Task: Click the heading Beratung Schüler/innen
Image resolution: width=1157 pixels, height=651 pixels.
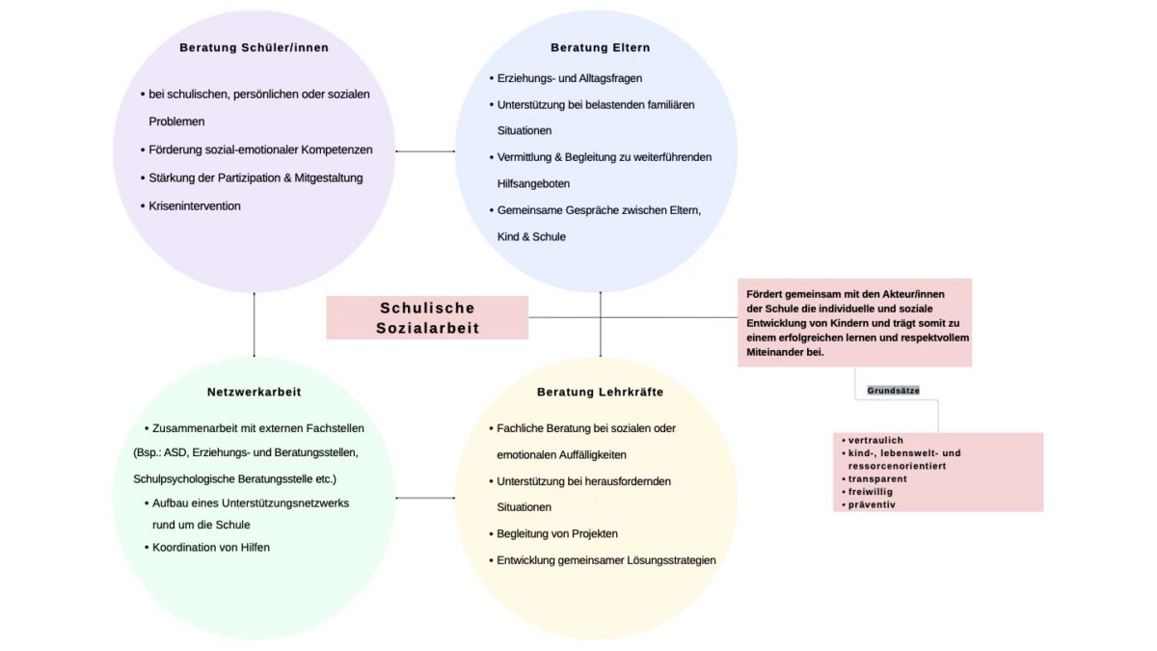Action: pyautogui.click(x=253, y=47)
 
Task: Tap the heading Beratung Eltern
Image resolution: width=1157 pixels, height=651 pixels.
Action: pyautogui.click(x=600, y=47)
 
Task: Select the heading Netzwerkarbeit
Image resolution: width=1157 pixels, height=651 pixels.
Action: pyautogui.click(x=254, y=393)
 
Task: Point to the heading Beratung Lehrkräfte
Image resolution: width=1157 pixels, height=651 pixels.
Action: pyautogui.click(x=600, y=393)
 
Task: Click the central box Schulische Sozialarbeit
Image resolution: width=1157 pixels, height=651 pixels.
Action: pyautogui.click(x=427, y=318)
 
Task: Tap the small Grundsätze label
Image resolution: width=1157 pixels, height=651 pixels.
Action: pyautogui.click(x=893, y=391)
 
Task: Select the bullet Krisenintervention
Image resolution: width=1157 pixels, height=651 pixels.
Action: pyautogui.click(x=195, y=205)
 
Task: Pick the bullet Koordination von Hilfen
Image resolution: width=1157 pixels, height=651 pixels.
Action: pyautogui.click(x=211, y=547)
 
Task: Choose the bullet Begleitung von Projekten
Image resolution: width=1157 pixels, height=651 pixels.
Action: pyautogui.click(x=557, y=533)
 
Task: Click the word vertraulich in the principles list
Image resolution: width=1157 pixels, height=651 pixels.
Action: pyautogui.click(x=875, y=440)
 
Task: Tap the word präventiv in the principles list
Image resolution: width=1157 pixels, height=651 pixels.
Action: pyautogui.click(x=872, y=504)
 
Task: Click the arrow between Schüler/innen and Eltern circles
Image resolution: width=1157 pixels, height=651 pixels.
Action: pyautogui.click(x=425, y=151)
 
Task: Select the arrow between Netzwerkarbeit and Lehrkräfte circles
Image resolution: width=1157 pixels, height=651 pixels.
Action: pyautogui.click(x=425, y=499)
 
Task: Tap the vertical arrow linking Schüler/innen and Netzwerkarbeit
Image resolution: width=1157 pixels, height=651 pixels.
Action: pyautogui.click(x=254, y=324)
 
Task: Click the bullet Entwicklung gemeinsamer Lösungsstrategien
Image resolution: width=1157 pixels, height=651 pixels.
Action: pyautogui.click(x=606, y=560)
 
